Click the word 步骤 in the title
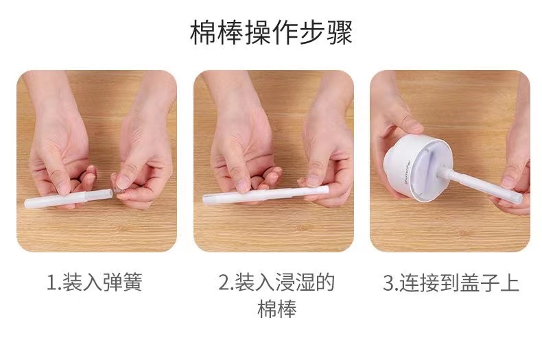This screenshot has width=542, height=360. pos(325,33)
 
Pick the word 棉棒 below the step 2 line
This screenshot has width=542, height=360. pos(276,309)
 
